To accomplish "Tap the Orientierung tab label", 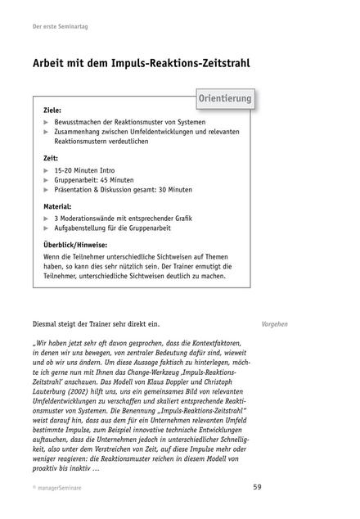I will pyautogui.click(x=224, y=100).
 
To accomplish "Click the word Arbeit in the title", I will pyautogui.click(x=55, y=63).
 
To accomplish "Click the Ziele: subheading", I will pyautogui.click(x=52, y=110).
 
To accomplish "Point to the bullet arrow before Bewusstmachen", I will pyautogui.click(x=46, y=121).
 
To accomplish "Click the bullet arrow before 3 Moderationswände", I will pyautogui.click(x=46, y=219).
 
